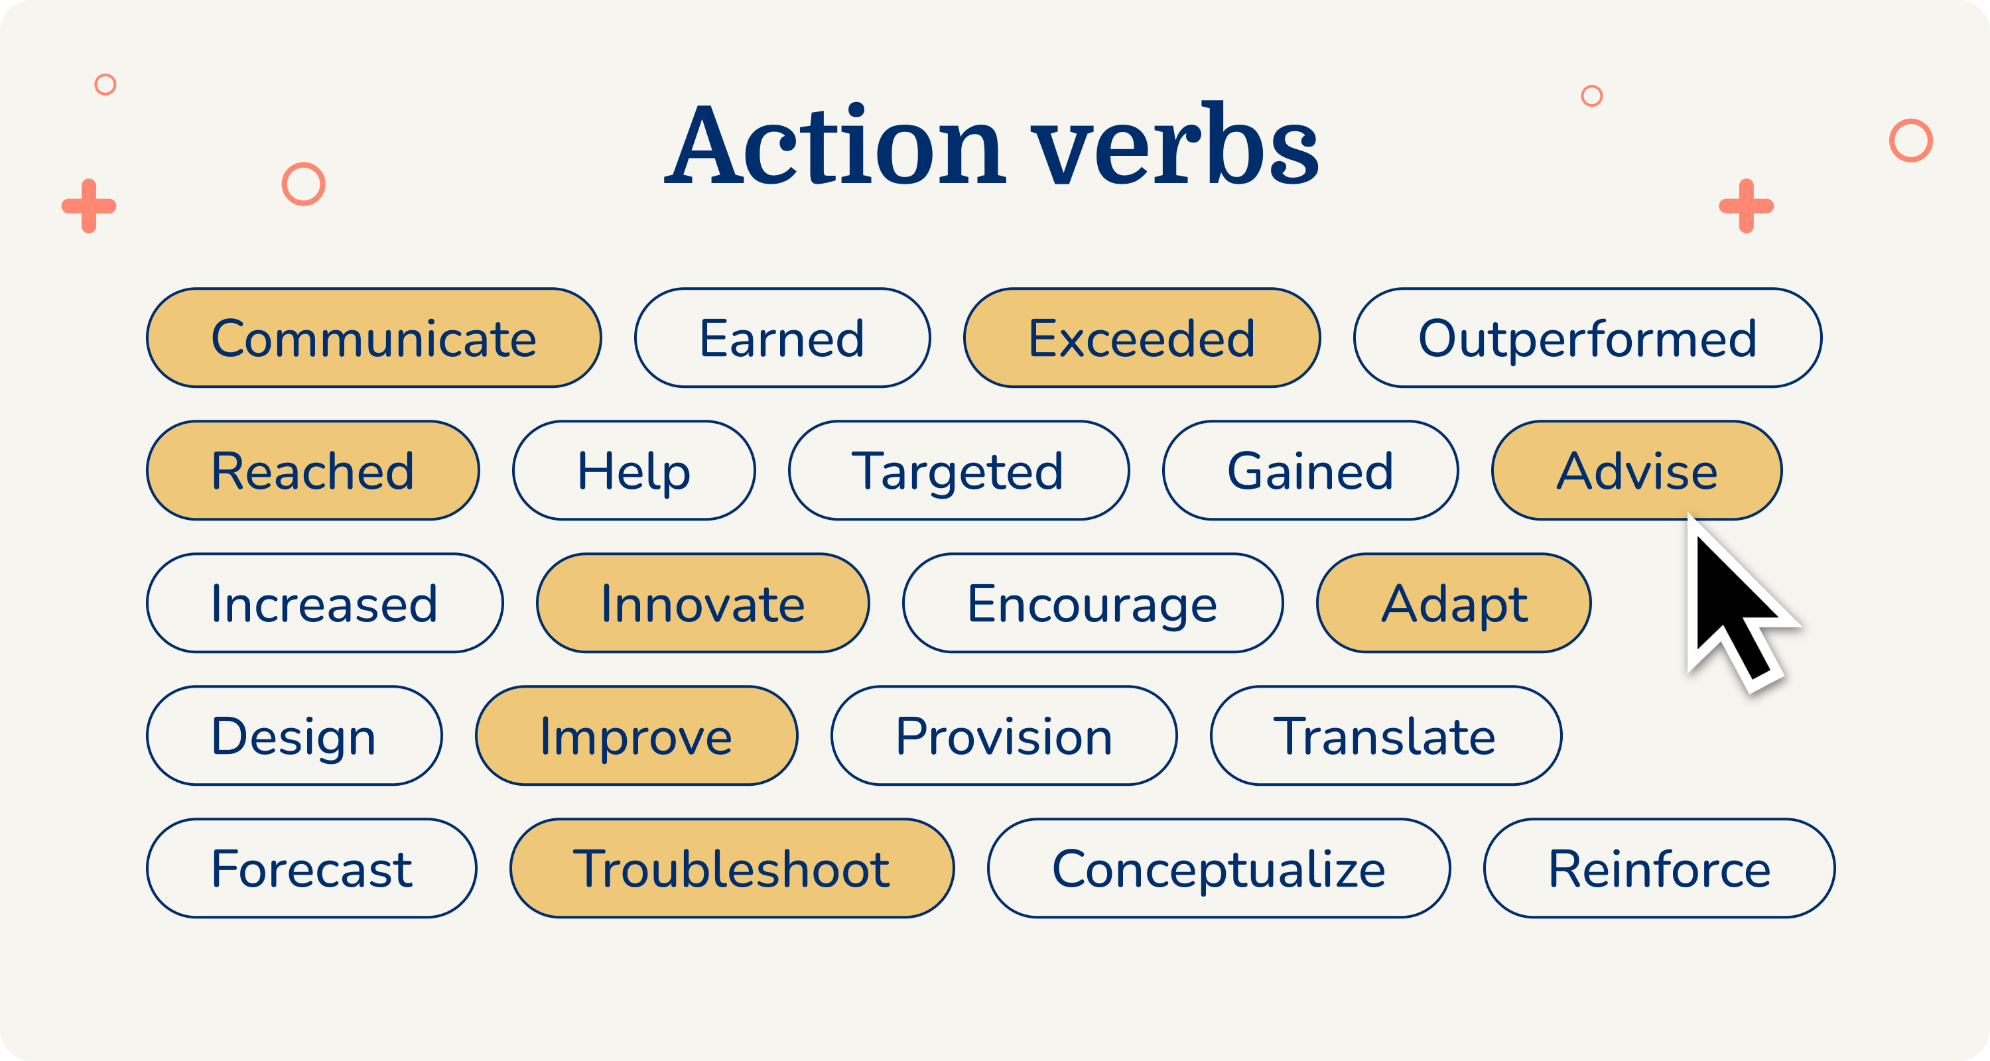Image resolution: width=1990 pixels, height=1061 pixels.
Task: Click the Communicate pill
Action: click(x=374, y=338)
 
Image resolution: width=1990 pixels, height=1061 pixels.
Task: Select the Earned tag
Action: click(x=782, y=338)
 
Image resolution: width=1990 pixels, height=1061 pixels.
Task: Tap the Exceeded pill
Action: click(x=1142, y=338)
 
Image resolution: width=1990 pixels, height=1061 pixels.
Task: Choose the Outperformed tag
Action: click(x=1587, y=338)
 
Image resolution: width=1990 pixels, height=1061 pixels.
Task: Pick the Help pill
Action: click(x=633, y=471)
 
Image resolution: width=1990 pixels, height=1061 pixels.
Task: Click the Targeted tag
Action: click(x=958, y=471)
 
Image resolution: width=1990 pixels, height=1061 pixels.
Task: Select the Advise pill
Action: click(x=1636, y=471)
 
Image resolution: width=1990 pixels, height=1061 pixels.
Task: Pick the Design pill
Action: click(x=295, y=736)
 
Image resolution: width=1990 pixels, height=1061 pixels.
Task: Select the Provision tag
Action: click(x=1004, y=736)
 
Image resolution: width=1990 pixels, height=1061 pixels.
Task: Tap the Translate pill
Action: click(x=1386, y=736)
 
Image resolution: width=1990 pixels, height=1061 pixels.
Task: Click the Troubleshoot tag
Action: click(x=732, y=869)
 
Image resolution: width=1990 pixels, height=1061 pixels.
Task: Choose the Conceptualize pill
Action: click(x=1219, y=869)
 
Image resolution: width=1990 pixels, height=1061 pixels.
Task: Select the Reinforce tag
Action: click(x=1658, y=869)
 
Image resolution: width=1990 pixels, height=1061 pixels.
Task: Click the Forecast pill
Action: click(x=311, y=869)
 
